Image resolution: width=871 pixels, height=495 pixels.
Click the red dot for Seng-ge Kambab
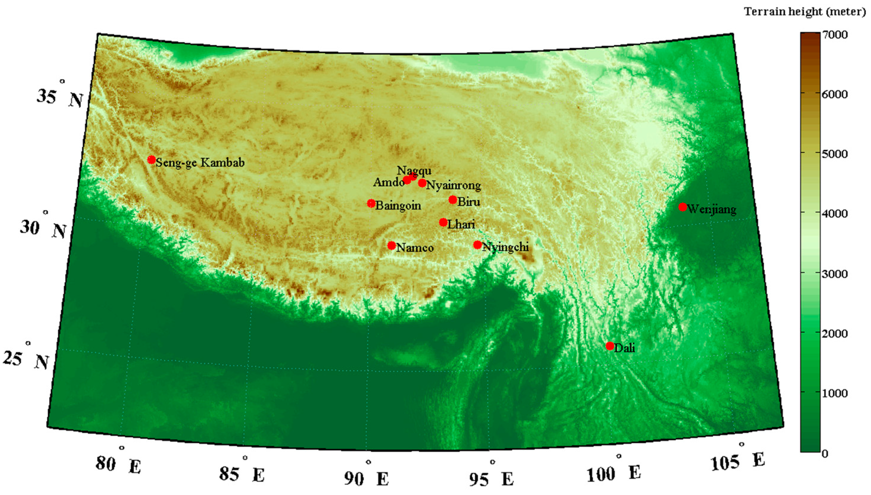[151, 160]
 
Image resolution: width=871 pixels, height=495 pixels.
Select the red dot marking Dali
[610, 346]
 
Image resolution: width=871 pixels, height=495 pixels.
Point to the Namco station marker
[392, 246]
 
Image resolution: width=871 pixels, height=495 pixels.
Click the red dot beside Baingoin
[371, 203]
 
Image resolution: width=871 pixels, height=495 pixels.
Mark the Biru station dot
[453, 199]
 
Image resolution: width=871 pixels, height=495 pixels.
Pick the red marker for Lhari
[443, 222]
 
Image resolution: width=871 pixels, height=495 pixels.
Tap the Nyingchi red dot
[478, 245]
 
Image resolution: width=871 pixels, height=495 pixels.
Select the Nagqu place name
[414, 170]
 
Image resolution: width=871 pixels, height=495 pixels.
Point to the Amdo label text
[388, 182]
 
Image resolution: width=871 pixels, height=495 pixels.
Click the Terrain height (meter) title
[805, 12]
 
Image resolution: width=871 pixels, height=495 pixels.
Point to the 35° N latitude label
[60, 97]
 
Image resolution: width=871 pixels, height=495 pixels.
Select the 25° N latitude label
[26, 359]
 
